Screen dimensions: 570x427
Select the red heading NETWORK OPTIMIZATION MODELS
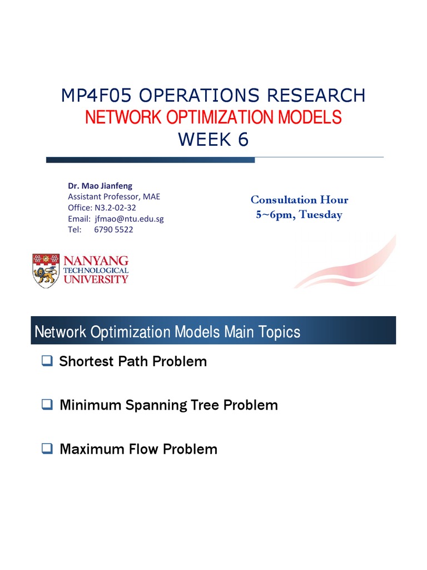coord(213,117)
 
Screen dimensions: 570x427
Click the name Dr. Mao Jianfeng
coord(100,186)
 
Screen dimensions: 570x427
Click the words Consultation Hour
coord(299,200)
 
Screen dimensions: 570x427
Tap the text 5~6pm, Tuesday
coord(299,215)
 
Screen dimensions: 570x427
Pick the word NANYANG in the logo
coord(96,260)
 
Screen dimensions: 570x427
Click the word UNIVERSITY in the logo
coord(96,279)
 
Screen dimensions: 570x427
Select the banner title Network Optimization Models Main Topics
coord(167,332)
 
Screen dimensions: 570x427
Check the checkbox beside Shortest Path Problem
coord(47,361)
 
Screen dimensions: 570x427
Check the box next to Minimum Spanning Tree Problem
coord(47,405)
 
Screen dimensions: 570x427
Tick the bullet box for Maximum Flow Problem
coord(47,448)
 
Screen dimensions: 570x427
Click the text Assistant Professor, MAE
coord(114,196)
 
